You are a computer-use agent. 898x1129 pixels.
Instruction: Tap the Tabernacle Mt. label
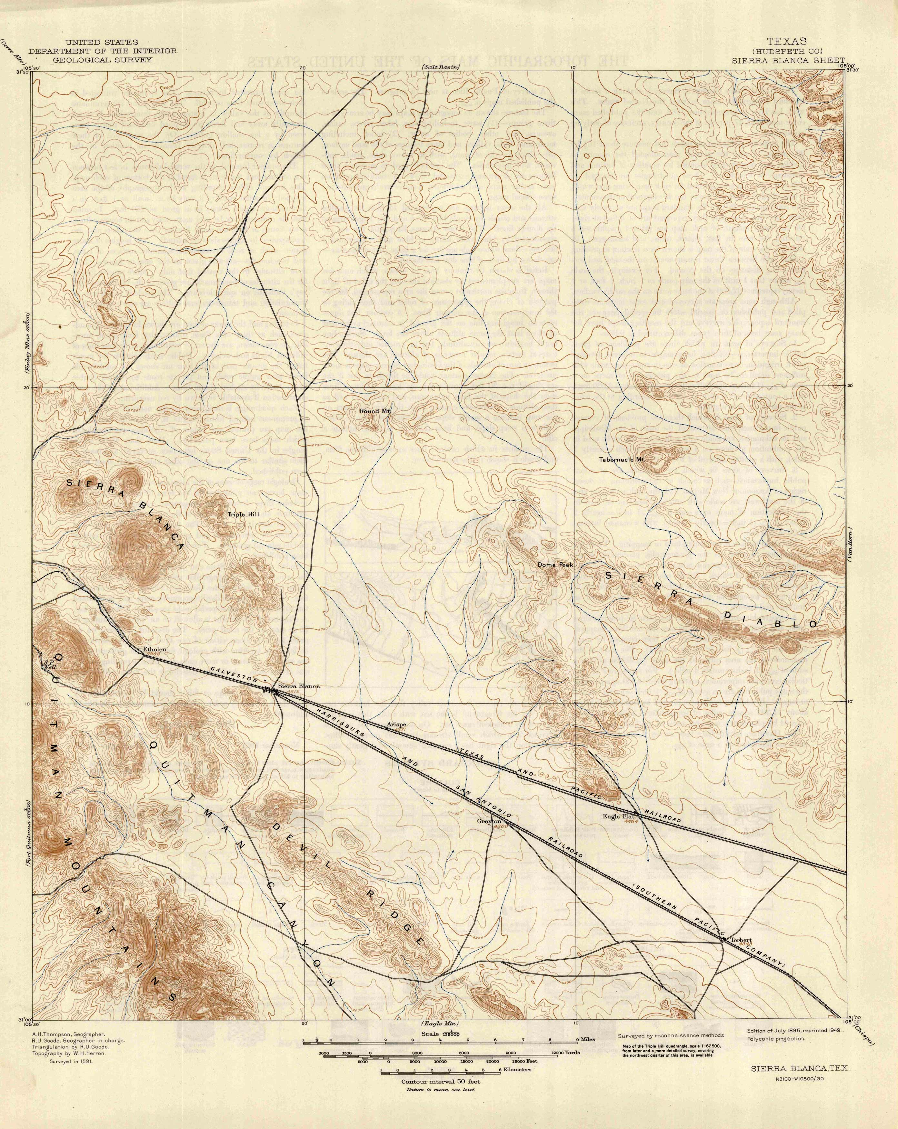pyautogui.click(x=621, y=459)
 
